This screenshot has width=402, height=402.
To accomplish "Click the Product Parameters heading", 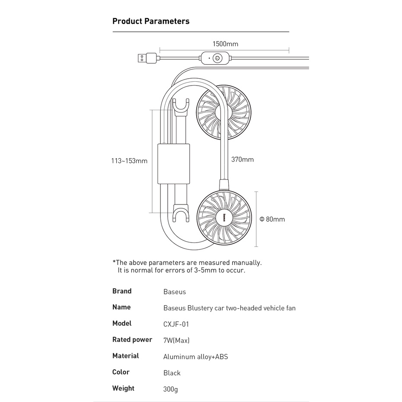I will pyautogui.click(x=151, y=21).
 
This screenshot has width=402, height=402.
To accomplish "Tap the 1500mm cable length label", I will pyautogui.click(x=225, y=44).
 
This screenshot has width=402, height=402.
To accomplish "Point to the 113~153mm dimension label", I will pyautogui.click(x=129, y=161).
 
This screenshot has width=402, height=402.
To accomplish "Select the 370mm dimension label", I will pyautogui.click(x=242, y=160).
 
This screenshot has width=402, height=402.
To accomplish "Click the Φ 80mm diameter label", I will pyautogui.click(x=272, y=219).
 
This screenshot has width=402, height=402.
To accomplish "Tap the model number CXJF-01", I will pyautogui.click(x=176, y=324).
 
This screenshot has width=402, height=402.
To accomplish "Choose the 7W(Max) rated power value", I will pyautogui.click(x=176, y=341).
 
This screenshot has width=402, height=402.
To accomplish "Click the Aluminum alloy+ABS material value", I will pyautogui.click(x=195, y=357).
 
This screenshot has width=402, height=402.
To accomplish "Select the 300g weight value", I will pyautogui.click(x=170, y=389).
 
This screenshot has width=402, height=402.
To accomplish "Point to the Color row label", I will pyautogui.click(x=121, y=372).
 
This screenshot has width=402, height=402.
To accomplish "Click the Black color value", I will pyautogui.click(x=172, y=373).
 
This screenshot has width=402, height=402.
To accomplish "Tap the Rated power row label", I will pyautogui.click(x=132, y=340).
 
